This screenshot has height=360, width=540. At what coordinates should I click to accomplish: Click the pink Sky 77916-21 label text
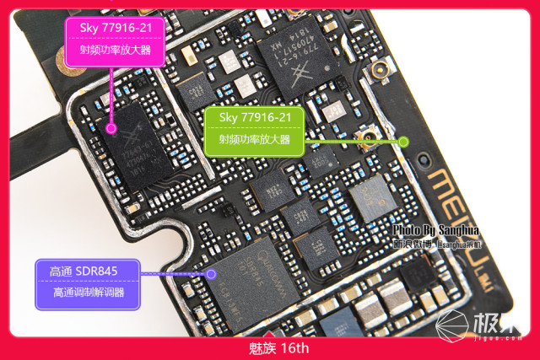click(112, 28)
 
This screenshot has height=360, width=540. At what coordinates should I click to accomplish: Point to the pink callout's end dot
click(111, 128)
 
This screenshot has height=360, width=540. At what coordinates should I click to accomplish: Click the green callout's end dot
click(403, 141)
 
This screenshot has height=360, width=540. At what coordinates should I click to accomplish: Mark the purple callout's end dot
click(211, 273)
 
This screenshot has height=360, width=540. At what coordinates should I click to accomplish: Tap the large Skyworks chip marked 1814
click(300, 63)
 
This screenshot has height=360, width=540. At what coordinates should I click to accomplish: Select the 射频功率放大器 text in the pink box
click(112, 51)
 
